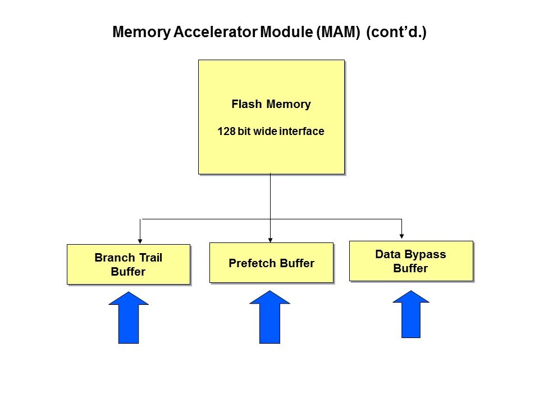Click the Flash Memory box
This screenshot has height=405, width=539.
pos(271,116)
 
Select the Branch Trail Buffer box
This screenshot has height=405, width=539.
pos(128,264)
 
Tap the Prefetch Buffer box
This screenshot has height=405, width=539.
pos(271,263)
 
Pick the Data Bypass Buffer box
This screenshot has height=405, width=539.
pos(410,261)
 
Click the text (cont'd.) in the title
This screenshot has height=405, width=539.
pos(396,32)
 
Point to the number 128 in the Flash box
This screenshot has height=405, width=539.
pos(226,132)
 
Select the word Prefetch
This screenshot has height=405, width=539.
pos(250,263)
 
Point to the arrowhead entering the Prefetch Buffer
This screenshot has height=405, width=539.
pos(271,238)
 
